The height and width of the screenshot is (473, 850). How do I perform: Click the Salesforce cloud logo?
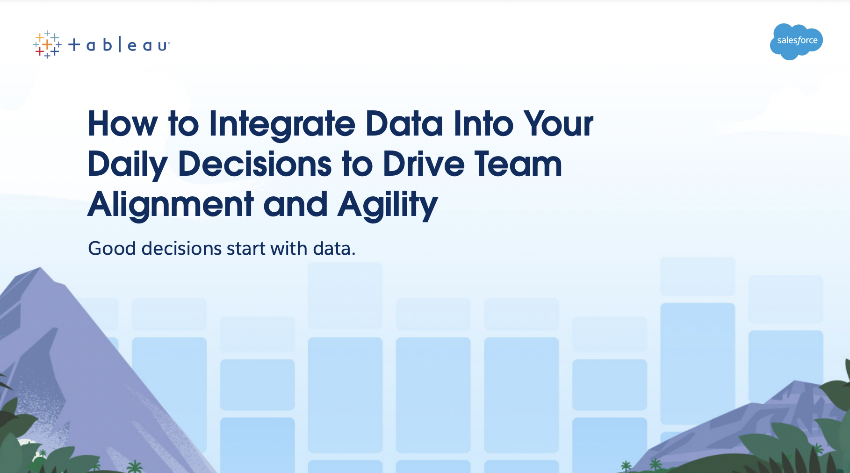click(x=796, y=42)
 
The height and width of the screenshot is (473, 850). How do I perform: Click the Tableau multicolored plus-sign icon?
click(x=47, y=45)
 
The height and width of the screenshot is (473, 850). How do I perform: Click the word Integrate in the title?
click(x=282, y=124)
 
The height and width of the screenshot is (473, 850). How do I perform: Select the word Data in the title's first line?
click(x=404, y=124)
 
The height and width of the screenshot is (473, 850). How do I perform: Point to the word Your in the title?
click(x=558, y=124)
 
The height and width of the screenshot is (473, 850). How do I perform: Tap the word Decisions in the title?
click(x=255, y=165)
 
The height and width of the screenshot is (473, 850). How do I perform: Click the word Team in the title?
click(x=518, y=165)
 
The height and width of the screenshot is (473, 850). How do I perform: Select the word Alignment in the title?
click(x=171, y=205)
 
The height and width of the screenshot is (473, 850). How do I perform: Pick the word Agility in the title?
click(x=388, y=205)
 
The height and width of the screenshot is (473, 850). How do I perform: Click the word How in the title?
click(x=123, y=124)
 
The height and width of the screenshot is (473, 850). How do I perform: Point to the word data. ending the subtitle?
click(x=334, y=248)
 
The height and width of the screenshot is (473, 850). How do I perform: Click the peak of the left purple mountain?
click(x=40, y=267)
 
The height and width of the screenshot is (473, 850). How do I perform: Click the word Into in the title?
click(x=483, y=124)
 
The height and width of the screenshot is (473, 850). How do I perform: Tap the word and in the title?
click(x=295, y=205)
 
